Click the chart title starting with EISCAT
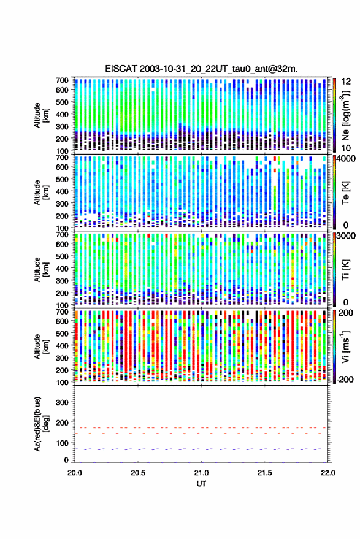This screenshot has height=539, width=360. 201,69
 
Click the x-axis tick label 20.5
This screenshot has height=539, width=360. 138,473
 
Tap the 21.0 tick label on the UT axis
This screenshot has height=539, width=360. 201,473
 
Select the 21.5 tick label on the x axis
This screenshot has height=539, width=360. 264,473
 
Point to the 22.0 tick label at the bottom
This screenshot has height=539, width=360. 327,473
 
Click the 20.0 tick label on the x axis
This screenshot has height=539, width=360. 75,473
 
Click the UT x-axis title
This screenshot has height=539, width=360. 201,484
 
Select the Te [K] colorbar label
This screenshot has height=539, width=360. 345,193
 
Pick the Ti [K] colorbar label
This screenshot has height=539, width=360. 345,270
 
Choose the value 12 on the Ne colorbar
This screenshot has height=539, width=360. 347,82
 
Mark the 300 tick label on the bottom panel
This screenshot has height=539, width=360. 62,402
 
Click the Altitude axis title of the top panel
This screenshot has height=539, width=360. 41,115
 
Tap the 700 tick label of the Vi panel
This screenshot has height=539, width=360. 62,312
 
